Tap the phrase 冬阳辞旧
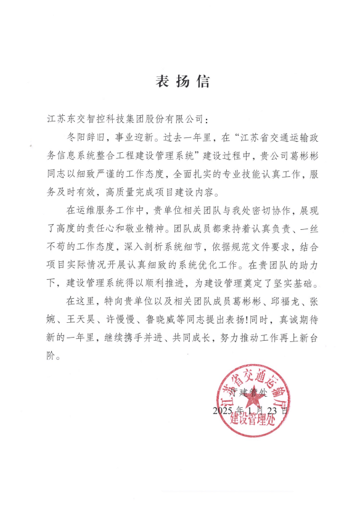pyautogui.click(x=84, y=134)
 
